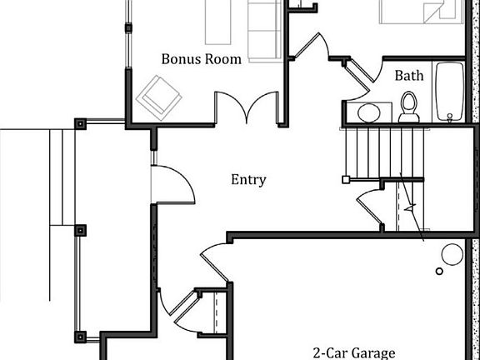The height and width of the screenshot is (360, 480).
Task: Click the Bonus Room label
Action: coord(201,59)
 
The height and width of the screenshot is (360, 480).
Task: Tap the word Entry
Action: coord(248,180)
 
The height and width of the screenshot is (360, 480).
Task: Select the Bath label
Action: coord(409,76)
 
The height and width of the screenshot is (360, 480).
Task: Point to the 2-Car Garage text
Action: coord(353,353)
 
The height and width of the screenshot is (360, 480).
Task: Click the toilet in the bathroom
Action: coord(409,107)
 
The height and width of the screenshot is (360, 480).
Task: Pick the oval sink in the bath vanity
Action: coord(369,112)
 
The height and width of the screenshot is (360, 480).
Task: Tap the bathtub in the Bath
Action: coord(450,91)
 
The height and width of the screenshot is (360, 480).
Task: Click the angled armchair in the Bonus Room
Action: coord(159,97)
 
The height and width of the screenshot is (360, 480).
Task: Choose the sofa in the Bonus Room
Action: coord(264,31)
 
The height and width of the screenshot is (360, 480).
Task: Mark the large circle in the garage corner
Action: coord(452,254)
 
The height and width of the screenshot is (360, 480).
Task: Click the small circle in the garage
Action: coord(439,271)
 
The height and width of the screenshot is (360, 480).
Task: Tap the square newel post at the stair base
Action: coord(346,180)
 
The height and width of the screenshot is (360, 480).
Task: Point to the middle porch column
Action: coord(80,231)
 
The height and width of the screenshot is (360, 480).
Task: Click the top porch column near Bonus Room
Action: coord(80,124)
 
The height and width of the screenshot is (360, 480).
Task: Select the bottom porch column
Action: coord(80,337)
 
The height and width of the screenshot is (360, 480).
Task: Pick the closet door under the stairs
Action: coord(369,208)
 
